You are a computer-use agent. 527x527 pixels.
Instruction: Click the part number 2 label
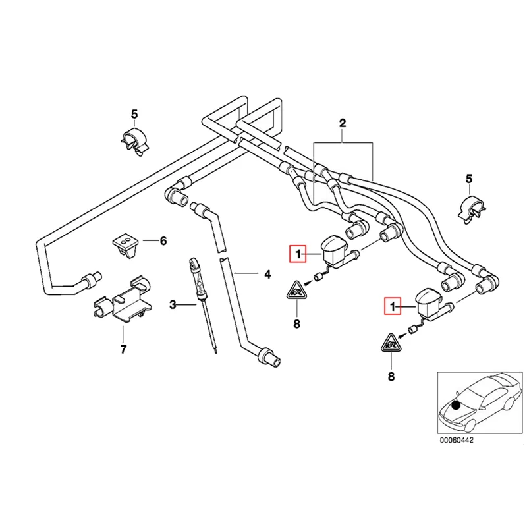click(342, 123)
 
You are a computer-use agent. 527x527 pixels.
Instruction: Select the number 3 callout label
click(173, 304)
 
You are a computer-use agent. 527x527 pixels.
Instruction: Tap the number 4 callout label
click(267, 273)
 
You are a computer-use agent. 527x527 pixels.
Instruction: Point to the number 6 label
click(163, 241)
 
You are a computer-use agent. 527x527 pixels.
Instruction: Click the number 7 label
click(123, 348)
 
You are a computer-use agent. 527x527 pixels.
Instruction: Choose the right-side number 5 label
click(469, 179)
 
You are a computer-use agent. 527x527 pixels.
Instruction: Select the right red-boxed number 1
click(393, 307)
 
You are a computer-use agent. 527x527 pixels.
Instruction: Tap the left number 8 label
click(296, 323)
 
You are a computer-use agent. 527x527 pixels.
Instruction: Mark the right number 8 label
click(391, 377)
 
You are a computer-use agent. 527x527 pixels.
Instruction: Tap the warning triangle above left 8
click(296, 291)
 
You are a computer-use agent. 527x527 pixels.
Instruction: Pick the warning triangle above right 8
click(391, 344)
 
